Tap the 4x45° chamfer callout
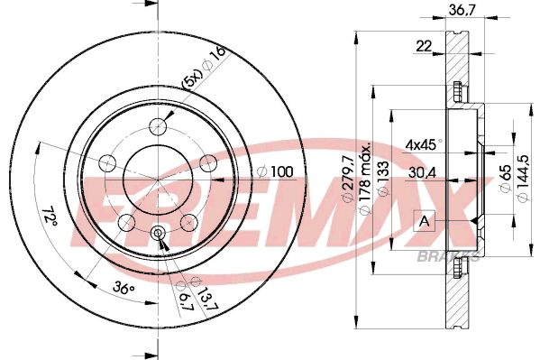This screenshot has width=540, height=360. pos(419,143)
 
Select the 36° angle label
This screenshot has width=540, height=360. pos(125,290)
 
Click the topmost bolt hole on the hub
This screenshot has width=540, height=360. pos(159,125)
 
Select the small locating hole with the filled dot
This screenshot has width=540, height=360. pos(159,234)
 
